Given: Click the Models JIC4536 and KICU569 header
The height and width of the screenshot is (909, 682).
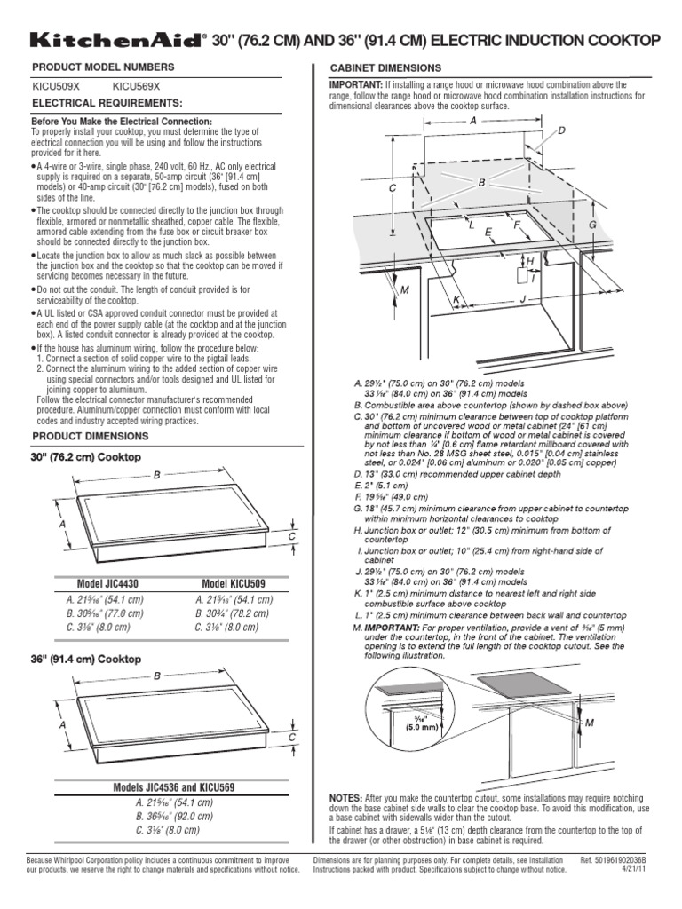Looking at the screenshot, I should coord(166,787).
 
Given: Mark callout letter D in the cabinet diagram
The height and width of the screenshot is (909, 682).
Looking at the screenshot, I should coord(560,131).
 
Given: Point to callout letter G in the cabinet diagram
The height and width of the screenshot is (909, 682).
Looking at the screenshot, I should coord(591,225).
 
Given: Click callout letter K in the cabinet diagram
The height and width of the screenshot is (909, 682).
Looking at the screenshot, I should coord(456,301).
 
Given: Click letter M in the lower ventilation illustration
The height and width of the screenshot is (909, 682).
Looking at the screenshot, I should coord(588,724).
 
